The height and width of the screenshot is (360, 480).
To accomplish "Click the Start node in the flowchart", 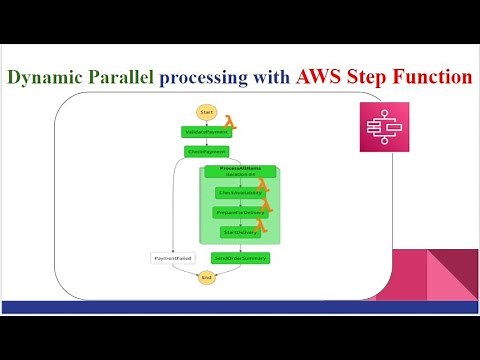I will coord(207,111).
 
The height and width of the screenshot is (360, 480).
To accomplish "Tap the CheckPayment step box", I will coord(207,152).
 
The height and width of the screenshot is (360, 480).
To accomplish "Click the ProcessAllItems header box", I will coord(240,172).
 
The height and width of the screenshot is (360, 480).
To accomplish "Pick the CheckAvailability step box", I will coord(240,192).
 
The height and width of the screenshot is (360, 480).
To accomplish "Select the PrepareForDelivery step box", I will coord(240,212).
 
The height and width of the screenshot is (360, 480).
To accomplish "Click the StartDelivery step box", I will coord(240,232).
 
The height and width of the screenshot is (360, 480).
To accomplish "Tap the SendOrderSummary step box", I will coord(240,257).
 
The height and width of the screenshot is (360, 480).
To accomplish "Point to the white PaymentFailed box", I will coord(171,257).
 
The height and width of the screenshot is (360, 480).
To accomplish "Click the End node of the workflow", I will coord(207,277).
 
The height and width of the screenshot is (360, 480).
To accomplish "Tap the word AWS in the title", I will coord(326,77).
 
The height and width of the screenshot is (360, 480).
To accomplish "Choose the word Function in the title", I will coord(432,77).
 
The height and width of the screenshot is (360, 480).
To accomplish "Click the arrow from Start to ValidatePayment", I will coord(207,121).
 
